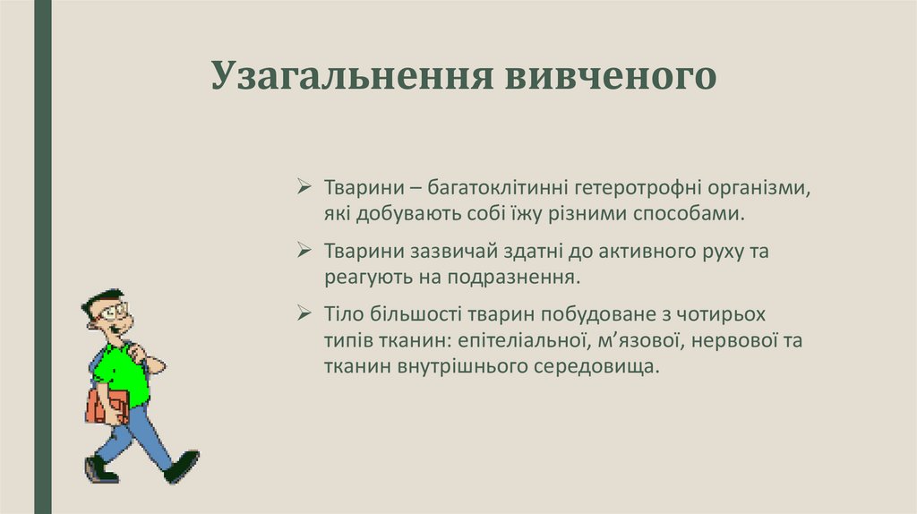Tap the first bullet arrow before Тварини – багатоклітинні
pyautogui.click(x=304, y=189)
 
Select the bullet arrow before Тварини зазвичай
pyautogui.click(x=304, y=252)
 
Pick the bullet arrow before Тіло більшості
pyautogui.click(x=304, y=315)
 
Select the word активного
pyautogui.click(x=630, y=253)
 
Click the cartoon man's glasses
pyautogui.click(x=114, y=313)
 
